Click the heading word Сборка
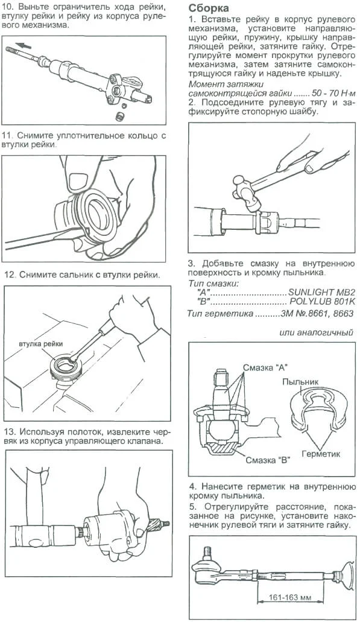pyautogui.click(x=209, y=8)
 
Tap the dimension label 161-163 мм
pyautogui.click(x=290, y=597)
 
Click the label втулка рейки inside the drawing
pyautogui.click(x=40, y=344)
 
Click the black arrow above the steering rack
pyautogui.click(x=24, y=45)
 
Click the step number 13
pyautogui.click(x=10, y=431)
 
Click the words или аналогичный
pyautogui.click(x=316, y=333)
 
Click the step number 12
pyautogui.click(x=10, y=275)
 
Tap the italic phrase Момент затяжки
pyautogui.click(x=226, y=84)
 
